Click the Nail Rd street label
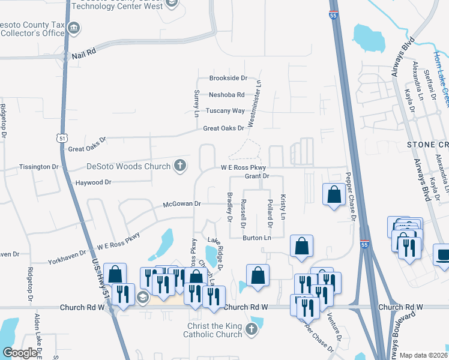pos(83,53)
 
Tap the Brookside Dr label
pos(228,79)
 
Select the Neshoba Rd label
pos(226,95)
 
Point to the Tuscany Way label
pos(225,111)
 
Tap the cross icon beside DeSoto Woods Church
pos(179,166)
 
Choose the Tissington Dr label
pos(39,167)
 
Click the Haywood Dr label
pos(92,182)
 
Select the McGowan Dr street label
pos(181,204)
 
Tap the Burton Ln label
pos(257,238)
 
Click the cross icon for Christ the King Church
pos(251,329)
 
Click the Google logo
pos(20,353)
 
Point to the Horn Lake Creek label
pos(441,72)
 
